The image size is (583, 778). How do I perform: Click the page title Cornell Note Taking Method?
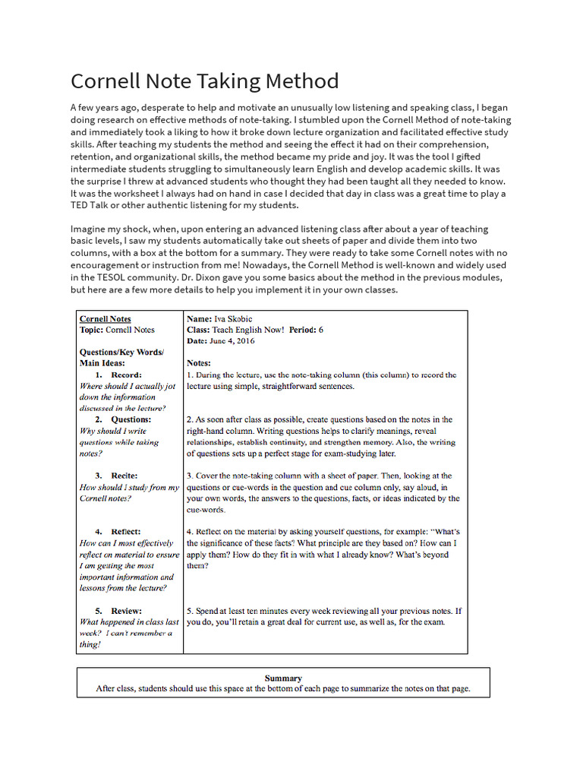(x=204, y=81)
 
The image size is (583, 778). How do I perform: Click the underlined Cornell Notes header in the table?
(x=105, y=319)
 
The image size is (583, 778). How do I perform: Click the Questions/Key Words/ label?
(x=121, y=353)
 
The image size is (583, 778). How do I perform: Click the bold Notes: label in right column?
(x=199, y=363)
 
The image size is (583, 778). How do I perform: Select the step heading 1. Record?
(x=118, y=375)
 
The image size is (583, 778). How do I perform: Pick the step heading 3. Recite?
(x=116, y=476)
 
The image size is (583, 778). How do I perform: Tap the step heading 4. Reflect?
(x=118, y=532)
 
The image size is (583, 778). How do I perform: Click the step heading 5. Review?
(x=118, y=611)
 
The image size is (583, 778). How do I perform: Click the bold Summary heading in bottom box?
(x=283, y=678)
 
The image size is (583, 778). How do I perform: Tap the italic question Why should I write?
(x=113, y=431)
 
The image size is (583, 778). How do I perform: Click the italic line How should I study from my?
(x=129, y=487)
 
